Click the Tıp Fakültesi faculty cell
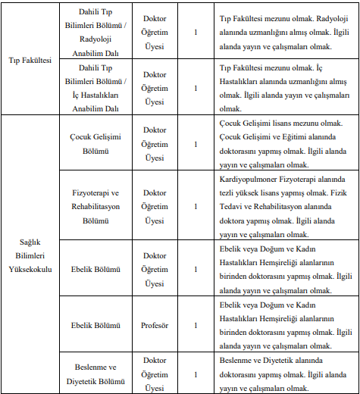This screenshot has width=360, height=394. click(30, 60)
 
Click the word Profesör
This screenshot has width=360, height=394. click(155, 326)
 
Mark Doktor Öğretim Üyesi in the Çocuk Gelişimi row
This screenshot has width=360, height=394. click(155, 144)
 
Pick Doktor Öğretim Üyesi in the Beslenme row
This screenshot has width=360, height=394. click(155, 374)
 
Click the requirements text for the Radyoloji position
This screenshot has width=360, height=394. click(283, 33)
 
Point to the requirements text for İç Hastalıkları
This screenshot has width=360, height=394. click(283, 88)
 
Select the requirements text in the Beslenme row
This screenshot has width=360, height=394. click(283, 374)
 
